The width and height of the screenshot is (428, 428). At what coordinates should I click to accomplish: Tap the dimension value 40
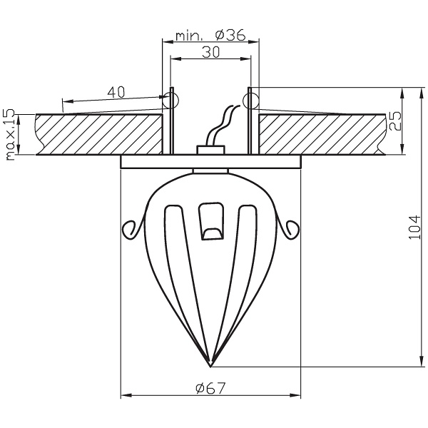116,92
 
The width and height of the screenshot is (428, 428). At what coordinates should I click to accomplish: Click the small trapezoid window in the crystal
210,222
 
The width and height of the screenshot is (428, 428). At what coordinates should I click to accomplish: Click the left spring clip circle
171,99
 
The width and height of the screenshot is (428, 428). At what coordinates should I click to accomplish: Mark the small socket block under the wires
210,149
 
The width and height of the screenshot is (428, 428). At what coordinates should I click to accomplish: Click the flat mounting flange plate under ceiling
210,162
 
